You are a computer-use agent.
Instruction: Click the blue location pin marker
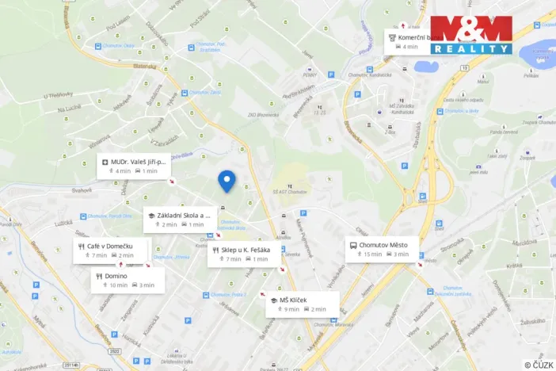[x=227, y=181]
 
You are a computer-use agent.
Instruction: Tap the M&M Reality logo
[x=471, y=35]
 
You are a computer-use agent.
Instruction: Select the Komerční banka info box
[x=412, y=41]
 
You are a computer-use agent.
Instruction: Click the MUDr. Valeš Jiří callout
[x=134, y=166]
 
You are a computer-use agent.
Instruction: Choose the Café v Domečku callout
[x=111, y=251]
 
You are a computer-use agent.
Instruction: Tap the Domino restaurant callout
[x=127, y=280]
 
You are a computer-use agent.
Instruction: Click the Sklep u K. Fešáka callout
[x=242, y=254]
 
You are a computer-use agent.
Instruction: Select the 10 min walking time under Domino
[x=115, y=285]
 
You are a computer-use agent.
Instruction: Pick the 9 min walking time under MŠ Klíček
[x=287, y=309]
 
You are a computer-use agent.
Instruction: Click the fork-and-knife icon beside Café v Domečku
[x=82, y=246]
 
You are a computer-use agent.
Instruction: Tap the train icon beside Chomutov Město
[x=352, y=245]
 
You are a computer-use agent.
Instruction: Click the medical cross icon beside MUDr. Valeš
[x=105, y=161]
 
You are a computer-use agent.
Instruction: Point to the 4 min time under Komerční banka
[x=408, y=47]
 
